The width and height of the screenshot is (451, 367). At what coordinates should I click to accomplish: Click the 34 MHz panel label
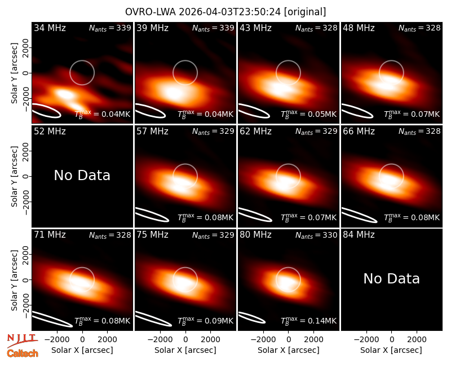tap(50, 28)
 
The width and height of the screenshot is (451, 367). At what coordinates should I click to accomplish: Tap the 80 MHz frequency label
tap(255, 235)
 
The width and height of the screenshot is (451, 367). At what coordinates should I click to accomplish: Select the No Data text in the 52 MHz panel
tap(82, 175)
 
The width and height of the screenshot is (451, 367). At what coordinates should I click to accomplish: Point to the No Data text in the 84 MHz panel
tap(391, 278)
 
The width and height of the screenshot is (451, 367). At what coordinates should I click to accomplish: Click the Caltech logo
tap(23, 353)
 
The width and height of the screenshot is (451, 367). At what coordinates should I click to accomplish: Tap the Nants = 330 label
tap(316, 235)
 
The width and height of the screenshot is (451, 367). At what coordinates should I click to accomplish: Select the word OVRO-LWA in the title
tap(151, 12)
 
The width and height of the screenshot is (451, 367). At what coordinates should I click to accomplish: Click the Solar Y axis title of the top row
tap(15, 73)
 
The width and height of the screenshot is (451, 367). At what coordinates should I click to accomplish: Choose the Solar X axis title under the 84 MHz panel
tap(391, 350)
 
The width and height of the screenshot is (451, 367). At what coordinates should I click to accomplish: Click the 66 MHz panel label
tap(359, 132)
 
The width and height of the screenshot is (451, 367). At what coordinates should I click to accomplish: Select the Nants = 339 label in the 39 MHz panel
tap(213, 28)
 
